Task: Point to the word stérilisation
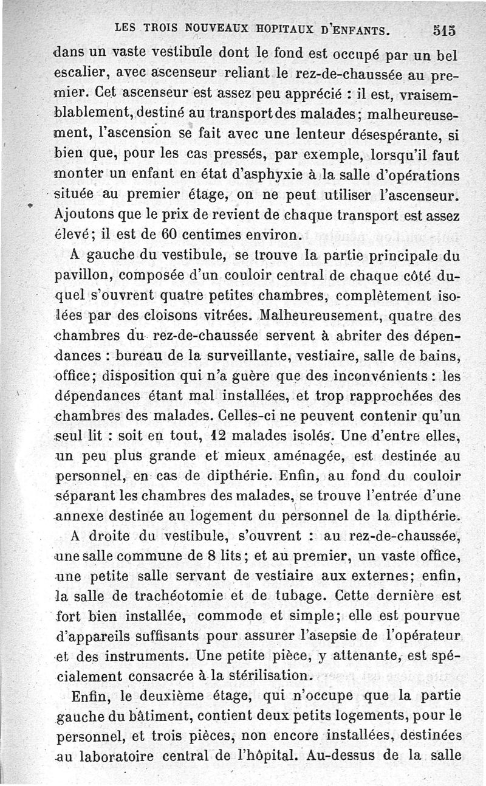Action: tap(265, 675)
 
